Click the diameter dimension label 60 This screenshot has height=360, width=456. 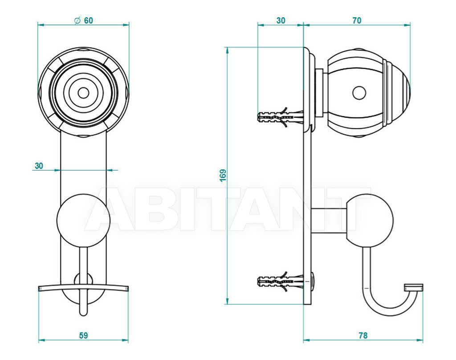[89, 20]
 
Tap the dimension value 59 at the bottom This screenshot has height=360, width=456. [83, 335]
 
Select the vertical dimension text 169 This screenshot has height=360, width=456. [223, 175]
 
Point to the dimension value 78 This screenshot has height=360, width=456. [363, 335]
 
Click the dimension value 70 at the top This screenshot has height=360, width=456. [357, 20]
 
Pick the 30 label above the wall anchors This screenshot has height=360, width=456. [281, 20]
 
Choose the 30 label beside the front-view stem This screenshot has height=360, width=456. [39, 166]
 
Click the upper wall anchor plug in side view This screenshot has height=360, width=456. [281, 117]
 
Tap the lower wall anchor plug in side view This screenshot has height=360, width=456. [281, 282]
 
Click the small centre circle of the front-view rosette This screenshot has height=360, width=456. [83, 93]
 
